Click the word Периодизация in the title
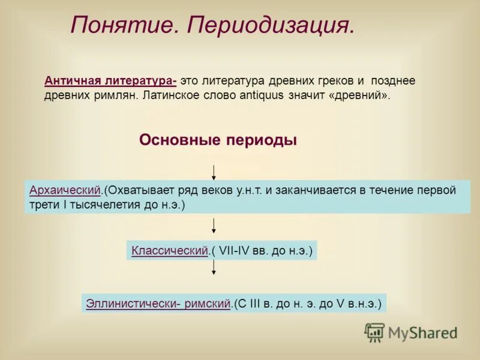pos(271,25)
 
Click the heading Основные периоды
pos(218,140)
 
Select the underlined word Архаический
pos(64,190)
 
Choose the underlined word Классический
pos(169,250)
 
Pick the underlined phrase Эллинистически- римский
pos(158,303)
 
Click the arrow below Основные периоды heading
pos(214,172)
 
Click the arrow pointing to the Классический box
pos(214,226)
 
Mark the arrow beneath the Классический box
pos(214,268)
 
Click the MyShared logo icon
pos(374,332)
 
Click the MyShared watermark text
pos(422,332)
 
